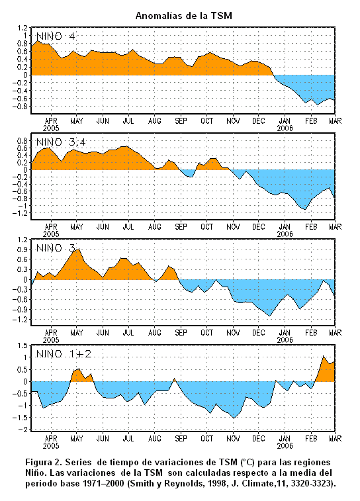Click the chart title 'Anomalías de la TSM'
tap(184, 16)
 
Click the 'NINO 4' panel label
tap(56, 36)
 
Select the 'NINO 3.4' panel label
tap(61, 142)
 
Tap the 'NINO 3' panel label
tap(56, 248)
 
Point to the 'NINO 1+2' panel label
tap(64, 354)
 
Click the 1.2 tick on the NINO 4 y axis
tap(22, 28)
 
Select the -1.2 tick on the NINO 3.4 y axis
tap(20, 213)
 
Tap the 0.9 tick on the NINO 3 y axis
tap(22, 250)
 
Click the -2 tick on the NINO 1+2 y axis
tap(22, 430)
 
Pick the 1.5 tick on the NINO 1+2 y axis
tap(22, 345)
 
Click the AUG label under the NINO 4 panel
tap(155, 121)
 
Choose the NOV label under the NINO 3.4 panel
tap(233, 227)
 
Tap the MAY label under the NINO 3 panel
tap(76, 333)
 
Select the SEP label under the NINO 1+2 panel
tap(181, 439)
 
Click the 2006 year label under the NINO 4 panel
tap(285, 128)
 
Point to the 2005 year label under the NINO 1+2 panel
tap(51, 445)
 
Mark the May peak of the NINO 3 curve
tap(78, 249)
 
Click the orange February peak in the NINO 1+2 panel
tap(323, 356)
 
